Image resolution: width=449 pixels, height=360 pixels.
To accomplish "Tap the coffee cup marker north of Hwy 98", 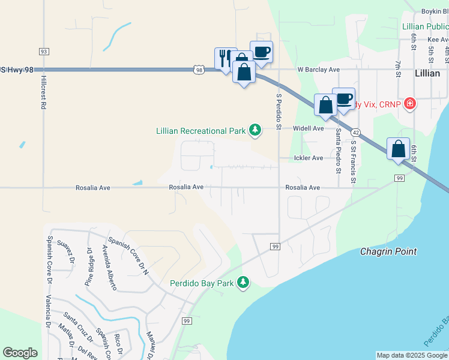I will pos(261,52).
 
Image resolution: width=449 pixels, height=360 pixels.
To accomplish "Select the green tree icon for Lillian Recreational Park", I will pos(255,130).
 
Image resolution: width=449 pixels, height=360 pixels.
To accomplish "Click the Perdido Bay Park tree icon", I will pos(243,283).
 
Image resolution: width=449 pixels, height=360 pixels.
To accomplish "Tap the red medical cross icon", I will pos(410,104).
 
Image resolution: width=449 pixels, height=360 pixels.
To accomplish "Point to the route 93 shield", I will pos(44,51).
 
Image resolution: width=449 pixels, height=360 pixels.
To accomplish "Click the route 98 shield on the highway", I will pos(198,70).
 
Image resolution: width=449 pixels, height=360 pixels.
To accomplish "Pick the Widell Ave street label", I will pos(309,128).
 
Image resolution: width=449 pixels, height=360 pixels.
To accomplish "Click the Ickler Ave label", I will pos(309,158).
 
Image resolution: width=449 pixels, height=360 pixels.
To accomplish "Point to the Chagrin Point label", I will pos(388,251).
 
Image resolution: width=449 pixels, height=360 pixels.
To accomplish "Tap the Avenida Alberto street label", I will pos(109,265).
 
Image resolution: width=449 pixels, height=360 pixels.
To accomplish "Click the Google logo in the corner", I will pos(20,353).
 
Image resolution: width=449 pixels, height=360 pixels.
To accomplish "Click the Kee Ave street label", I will pos(438,39).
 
